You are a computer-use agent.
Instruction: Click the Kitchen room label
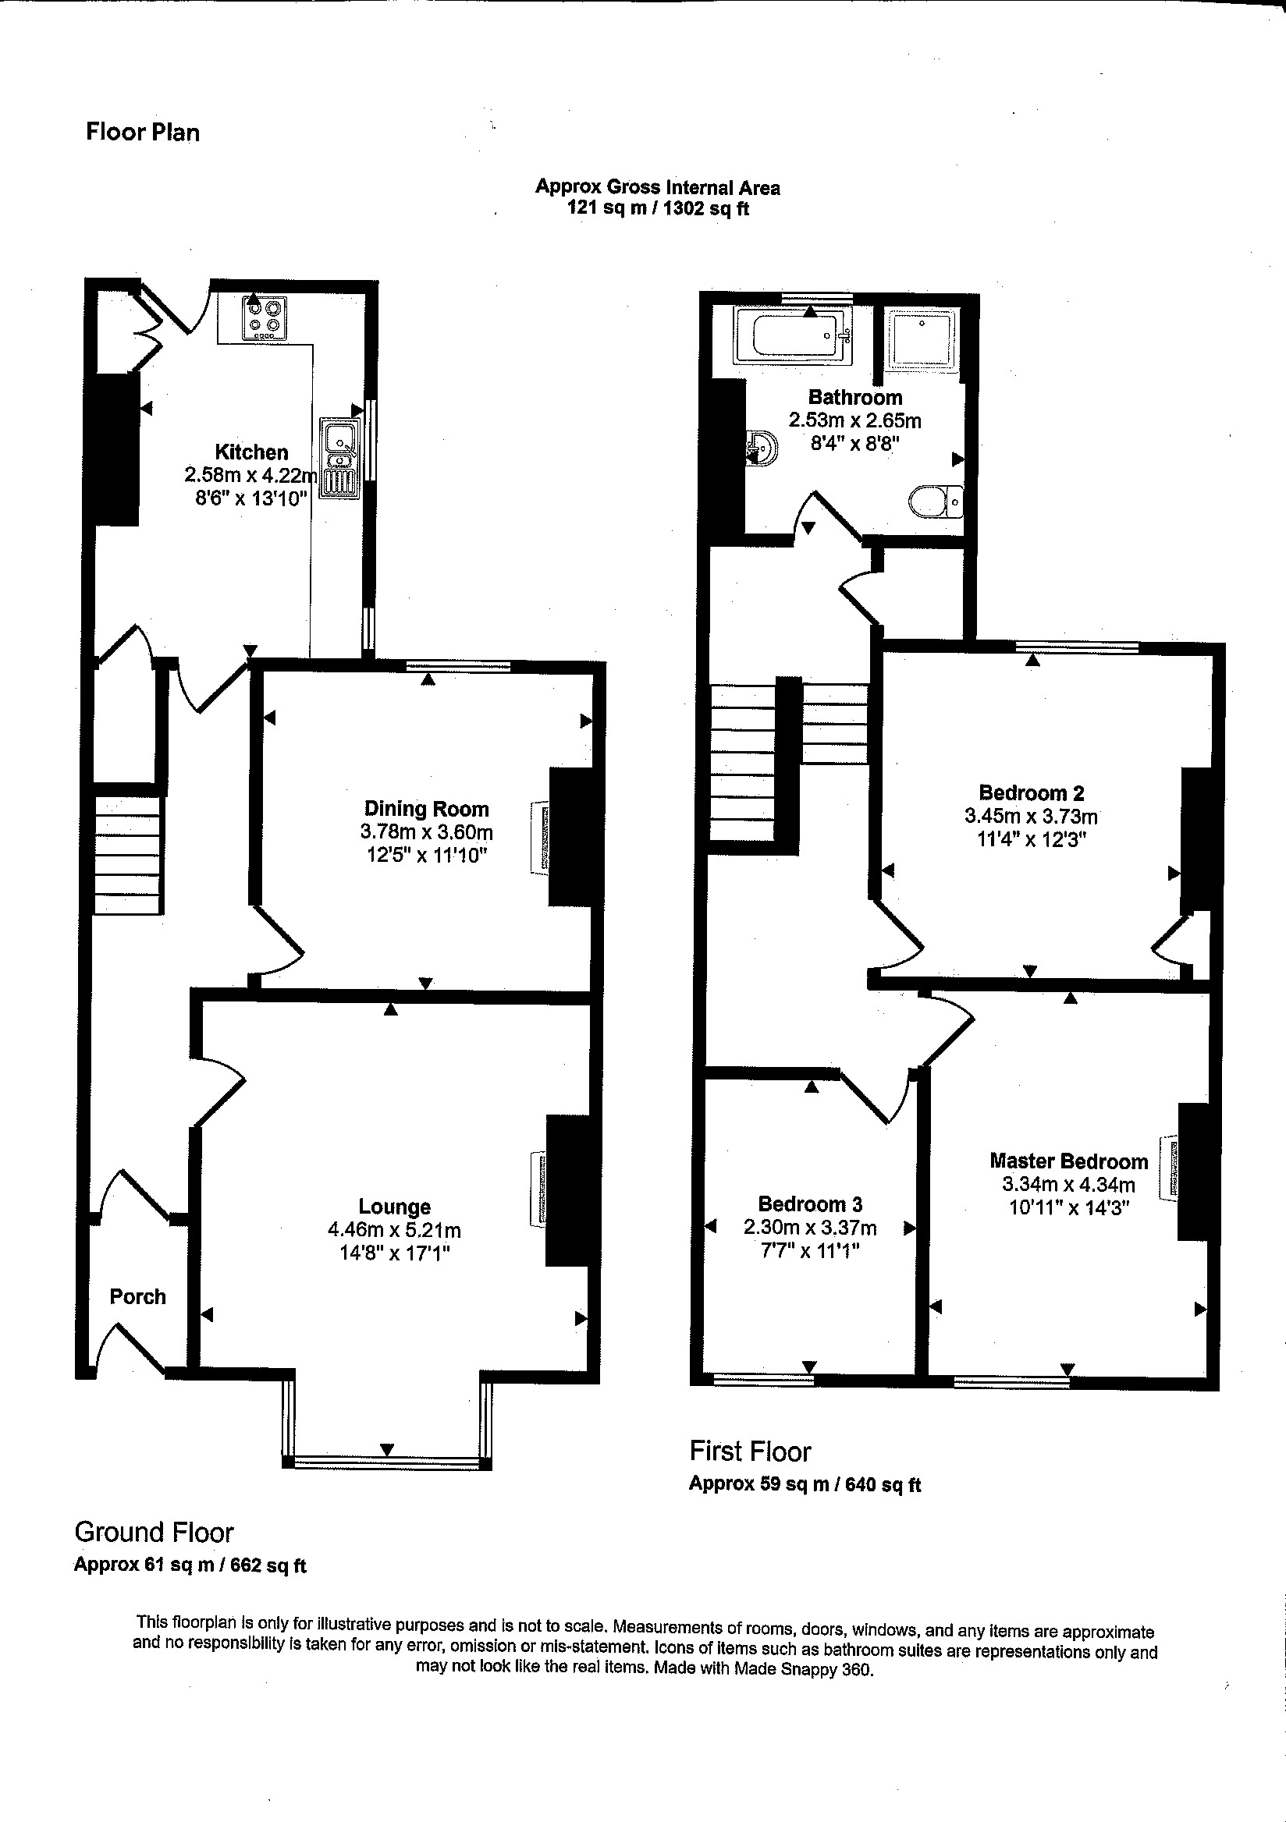pyautogui.click(x=251, y=452)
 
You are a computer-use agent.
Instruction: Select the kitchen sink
pyautogui.click(x=340, y=458)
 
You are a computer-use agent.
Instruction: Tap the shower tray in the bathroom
pyautogui.click(x=921, y=339)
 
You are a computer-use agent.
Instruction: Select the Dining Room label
pyautogui.click(x=426, y=809)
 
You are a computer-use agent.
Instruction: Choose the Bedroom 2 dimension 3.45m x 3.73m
pyautogui.click(x=1031, y=816)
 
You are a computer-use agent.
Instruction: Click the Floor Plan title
pyautogui.click(x=143, y=132)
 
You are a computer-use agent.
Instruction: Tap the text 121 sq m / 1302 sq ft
pyautogui.click(x=657, y=208)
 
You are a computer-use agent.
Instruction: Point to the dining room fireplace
pyautogui.click(x=540, y=837)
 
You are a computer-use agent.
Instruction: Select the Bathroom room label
pyautogui.click(x=855, y=398)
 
